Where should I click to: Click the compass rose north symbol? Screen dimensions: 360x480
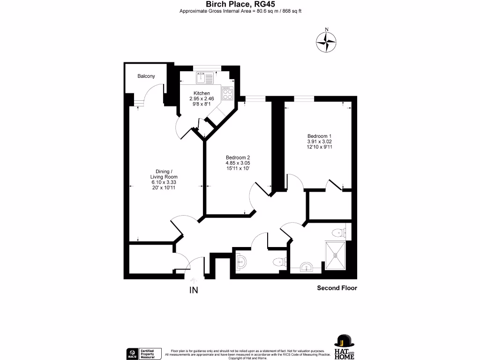click(x=327, y=42)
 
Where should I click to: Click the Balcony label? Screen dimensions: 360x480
click(x=146, y=76)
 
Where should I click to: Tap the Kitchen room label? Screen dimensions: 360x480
click(x=202, y=93)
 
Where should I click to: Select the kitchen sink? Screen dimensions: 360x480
click(x=205, y=77)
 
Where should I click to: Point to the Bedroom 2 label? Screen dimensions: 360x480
click(x=238, y=157)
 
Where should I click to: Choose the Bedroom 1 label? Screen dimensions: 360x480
click(x=320, y=136)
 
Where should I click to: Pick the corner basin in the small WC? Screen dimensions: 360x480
click(x=240, y=262)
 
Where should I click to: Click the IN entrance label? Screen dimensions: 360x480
click(x=194, y=290)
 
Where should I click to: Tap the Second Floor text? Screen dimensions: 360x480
click(x=337, y=288)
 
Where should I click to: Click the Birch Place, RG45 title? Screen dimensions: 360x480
click(x=240, y=4)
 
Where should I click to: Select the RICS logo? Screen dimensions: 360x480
click(x=132, y=353)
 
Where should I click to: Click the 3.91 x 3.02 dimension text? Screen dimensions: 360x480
click(x=320, y=142)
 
